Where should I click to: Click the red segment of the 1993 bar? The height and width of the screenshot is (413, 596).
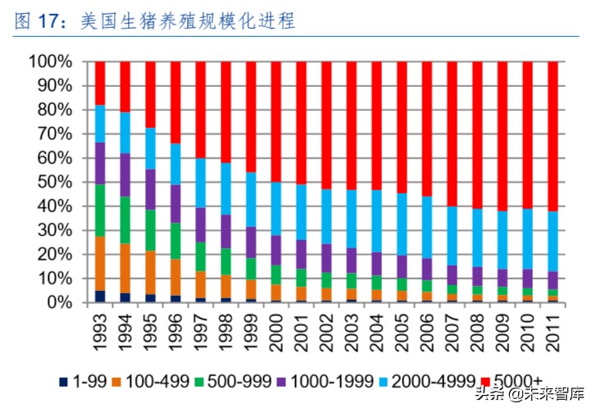[x=100, y=83]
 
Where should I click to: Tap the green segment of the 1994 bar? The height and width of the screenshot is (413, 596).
[x=125, y=220]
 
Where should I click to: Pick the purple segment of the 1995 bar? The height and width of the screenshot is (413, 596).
[x=150, y=189]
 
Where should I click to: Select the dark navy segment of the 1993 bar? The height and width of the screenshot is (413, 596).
[x=100, y=297]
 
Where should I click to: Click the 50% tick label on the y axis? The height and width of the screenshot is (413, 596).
[x=55, y=182]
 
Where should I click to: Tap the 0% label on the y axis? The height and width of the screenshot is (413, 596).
[x=59, y=302]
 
